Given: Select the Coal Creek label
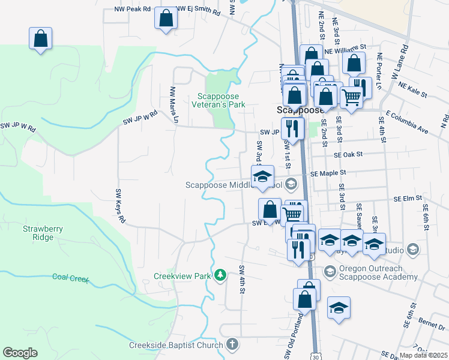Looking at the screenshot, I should click(70, 277).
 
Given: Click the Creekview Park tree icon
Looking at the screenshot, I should click(221, 275).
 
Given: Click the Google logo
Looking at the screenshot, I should click(20, 353).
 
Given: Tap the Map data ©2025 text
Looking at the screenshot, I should click(423, 355).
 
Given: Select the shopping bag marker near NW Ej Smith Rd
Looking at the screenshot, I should click(166, 18).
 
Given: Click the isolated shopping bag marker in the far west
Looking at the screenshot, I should click(40, 39).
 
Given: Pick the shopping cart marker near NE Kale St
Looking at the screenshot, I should click(351, 96).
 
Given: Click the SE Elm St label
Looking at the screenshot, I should click(408, 197).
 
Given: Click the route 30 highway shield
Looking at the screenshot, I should click(316, 356).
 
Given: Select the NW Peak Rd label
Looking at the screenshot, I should click(133, 10).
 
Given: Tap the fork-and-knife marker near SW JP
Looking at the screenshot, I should click(292, 127).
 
